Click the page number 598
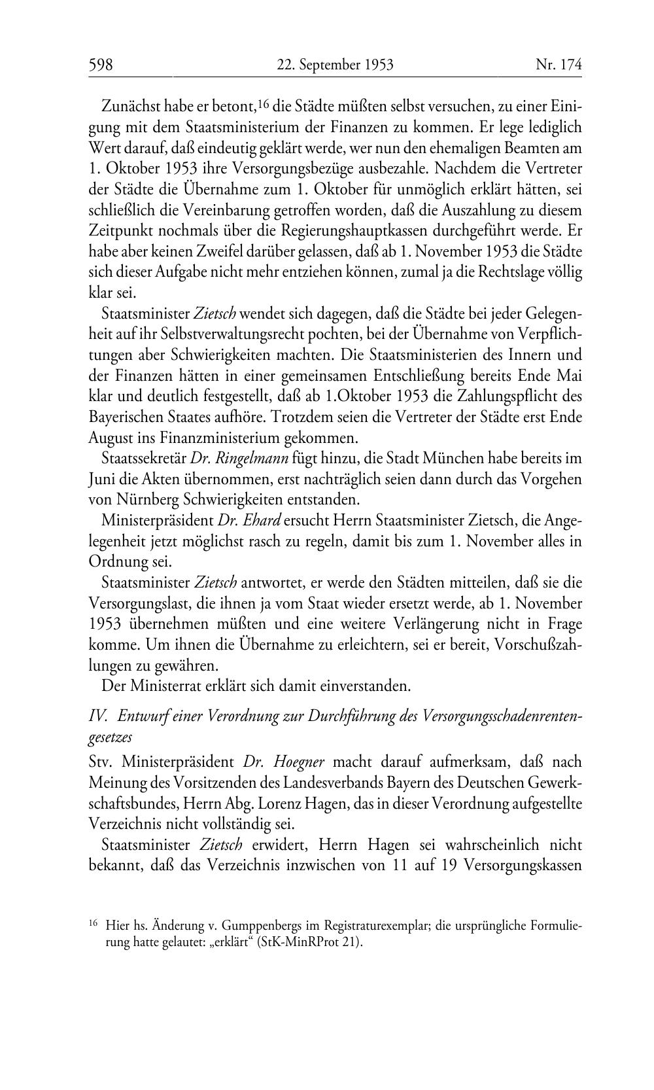click(x=101, y=65)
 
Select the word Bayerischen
click(x=126, y=417)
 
